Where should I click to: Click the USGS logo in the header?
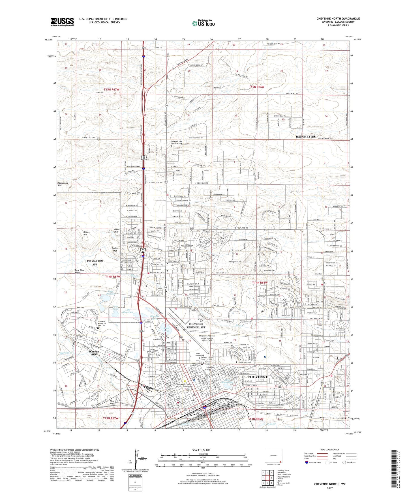click(x=62, y=22)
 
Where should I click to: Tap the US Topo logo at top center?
click(x=203, y=23)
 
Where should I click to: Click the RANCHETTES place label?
click(x=305, y=137)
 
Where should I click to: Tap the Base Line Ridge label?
click(x=80, y=271)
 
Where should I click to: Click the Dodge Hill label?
click(x=115, y=250)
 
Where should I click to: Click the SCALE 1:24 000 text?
click(x=201, y=450)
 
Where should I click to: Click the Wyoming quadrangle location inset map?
click(x=273, y=456)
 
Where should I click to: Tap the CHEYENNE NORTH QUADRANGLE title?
click(x=338, y=19)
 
